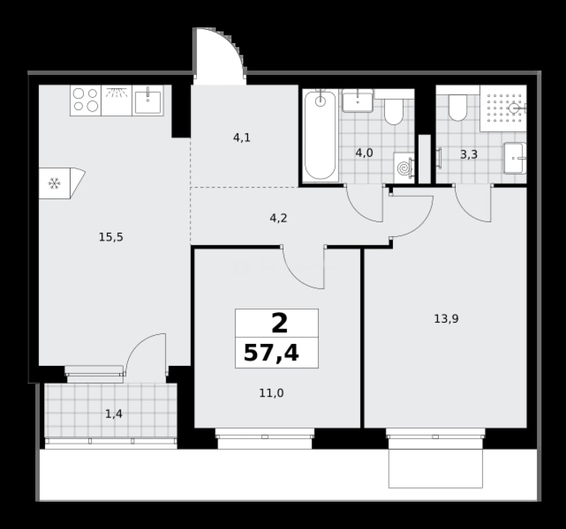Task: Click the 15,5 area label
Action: tap(111, 237)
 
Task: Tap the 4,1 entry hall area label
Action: tap(242, 137)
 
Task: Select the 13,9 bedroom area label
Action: tap(446, 319)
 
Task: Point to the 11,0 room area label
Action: tap(271, 393)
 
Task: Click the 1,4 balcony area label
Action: tap(114, 414)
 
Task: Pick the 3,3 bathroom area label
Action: tap(469, 155)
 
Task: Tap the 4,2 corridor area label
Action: tap(279, 218)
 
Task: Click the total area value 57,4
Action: tap(271, 353)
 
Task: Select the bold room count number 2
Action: tap(280, 323)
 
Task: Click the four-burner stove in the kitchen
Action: tap(85, 100)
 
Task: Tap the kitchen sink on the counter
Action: tap(148, 100)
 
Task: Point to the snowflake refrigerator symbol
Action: tap(54, 184)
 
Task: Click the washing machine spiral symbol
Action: tap(404, 168)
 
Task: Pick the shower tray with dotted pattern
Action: tap(503, 108)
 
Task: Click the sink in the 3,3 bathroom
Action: tap(515, 158)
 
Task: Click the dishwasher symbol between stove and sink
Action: tap(117, 100)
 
